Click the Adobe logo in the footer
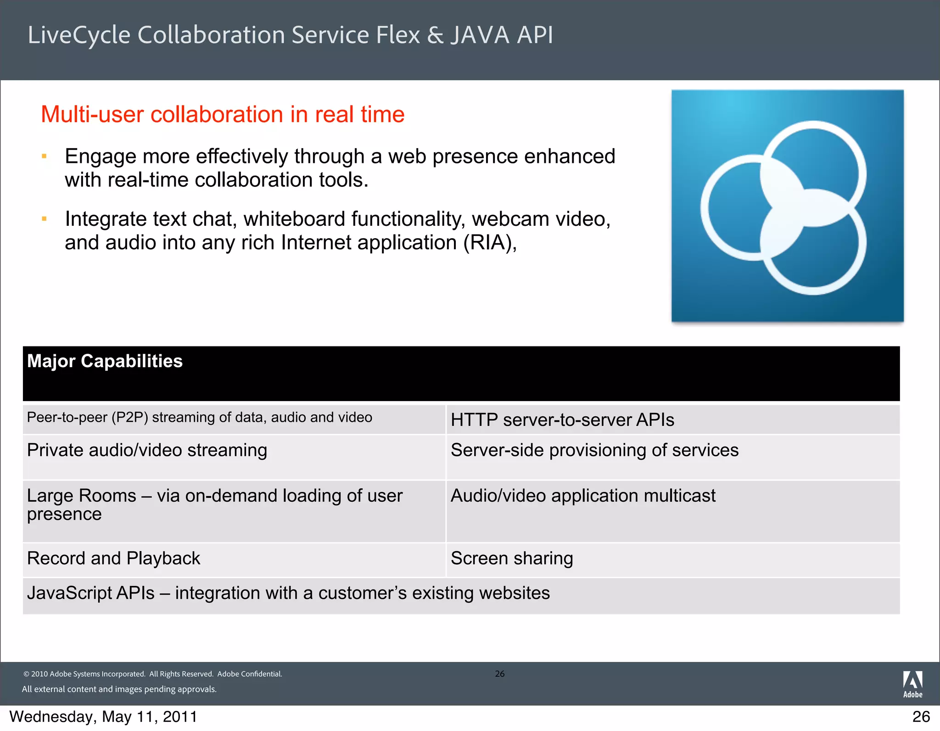912,684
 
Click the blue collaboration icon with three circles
787,206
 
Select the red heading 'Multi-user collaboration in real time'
223,114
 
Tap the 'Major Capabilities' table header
105,362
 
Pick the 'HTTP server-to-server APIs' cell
562,420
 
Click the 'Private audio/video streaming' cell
147,451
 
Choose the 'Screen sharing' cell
512,558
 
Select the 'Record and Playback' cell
113,558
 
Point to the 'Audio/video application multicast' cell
583,496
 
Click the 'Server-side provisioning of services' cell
594,451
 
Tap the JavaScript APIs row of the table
288,593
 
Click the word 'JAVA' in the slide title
480,35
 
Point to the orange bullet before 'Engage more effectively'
45,156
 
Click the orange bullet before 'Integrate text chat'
45,219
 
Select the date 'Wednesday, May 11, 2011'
103,717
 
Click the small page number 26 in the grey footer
500,674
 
